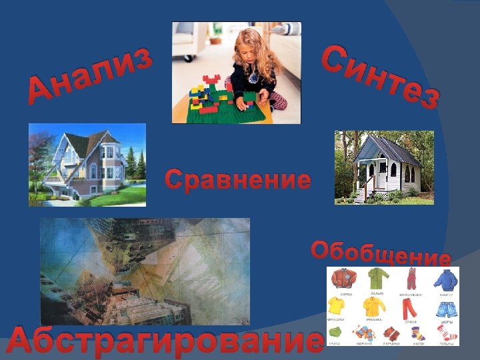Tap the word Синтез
[380, 77]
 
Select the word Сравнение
[238, 179]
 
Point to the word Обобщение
[381, 253]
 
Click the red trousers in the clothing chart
[408, 309]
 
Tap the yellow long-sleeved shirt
[373, 307]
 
